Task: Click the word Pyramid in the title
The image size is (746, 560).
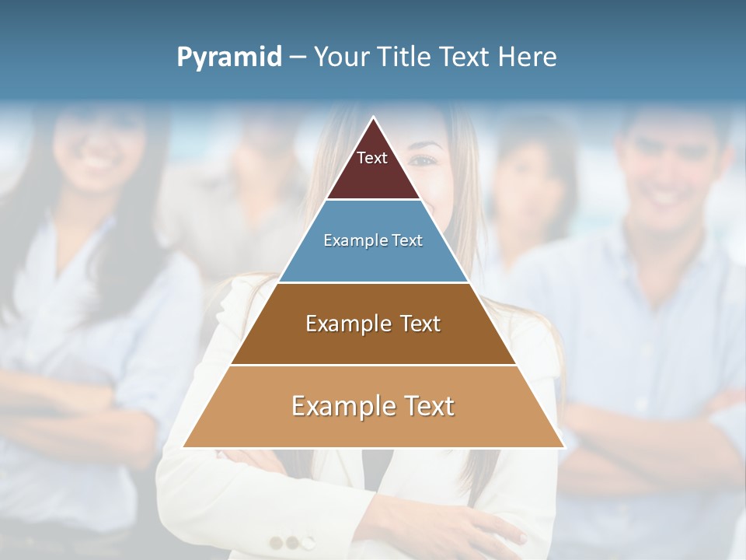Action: click(229, 57)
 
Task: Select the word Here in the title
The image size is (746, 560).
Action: click(527, 57)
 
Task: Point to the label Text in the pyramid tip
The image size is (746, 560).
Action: click(372, 158)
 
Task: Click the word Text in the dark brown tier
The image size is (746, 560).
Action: click(420, 324)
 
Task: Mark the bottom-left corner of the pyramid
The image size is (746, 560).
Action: click(184, 447)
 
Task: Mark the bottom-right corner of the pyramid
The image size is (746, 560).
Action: click(563, 447)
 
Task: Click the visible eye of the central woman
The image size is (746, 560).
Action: click(424, 159)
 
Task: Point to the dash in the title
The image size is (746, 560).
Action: click(298, 57)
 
